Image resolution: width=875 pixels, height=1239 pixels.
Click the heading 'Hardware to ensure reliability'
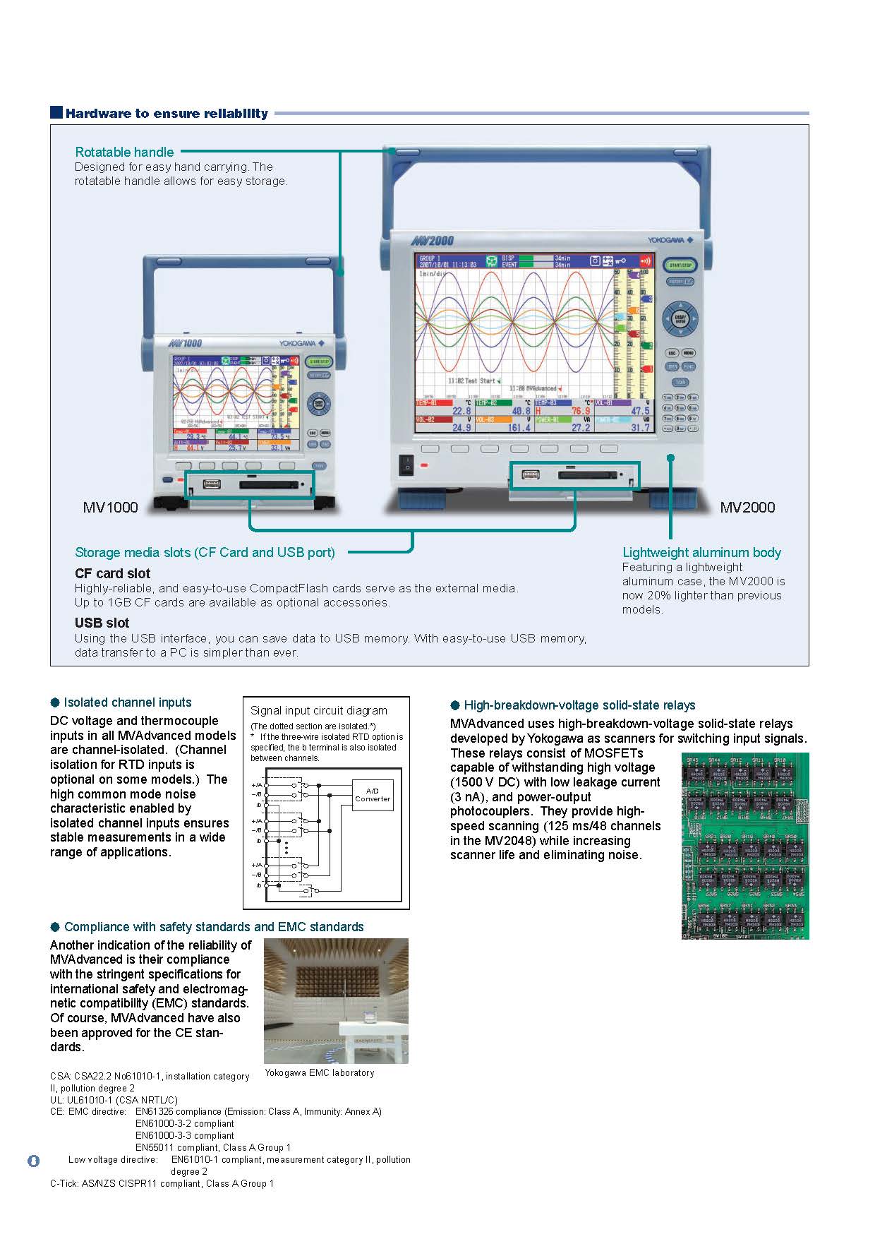167,113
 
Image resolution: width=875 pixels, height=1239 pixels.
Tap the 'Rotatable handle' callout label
124,152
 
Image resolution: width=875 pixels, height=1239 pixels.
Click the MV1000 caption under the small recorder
111,507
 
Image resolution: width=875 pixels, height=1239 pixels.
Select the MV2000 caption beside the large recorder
747,507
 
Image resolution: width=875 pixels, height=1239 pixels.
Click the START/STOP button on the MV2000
680,265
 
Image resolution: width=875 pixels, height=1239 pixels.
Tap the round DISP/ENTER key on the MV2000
680,319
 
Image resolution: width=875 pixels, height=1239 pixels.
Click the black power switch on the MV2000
406,464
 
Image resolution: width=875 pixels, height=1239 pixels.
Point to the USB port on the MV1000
211,484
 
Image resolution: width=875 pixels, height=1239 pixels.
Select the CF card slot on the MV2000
588,475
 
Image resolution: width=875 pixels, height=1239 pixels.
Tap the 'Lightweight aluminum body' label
701,552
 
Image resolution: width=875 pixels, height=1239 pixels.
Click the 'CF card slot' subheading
112,573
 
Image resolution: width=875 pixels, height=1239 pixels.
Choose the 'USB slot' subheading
102,623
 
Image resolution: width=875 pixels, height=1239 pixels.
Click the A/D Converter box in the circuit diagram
372,795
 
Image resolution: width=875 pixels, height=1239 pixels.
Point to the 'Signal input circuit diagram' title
319,710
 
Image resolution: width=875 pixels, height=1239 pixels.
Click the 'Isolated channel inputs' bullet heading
127,702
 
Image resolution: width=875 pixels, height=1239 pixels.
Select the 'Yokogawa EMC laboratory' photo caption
319,1072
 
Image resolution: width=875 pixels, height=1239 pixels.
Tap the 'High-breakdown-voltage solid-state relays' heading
579,705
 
